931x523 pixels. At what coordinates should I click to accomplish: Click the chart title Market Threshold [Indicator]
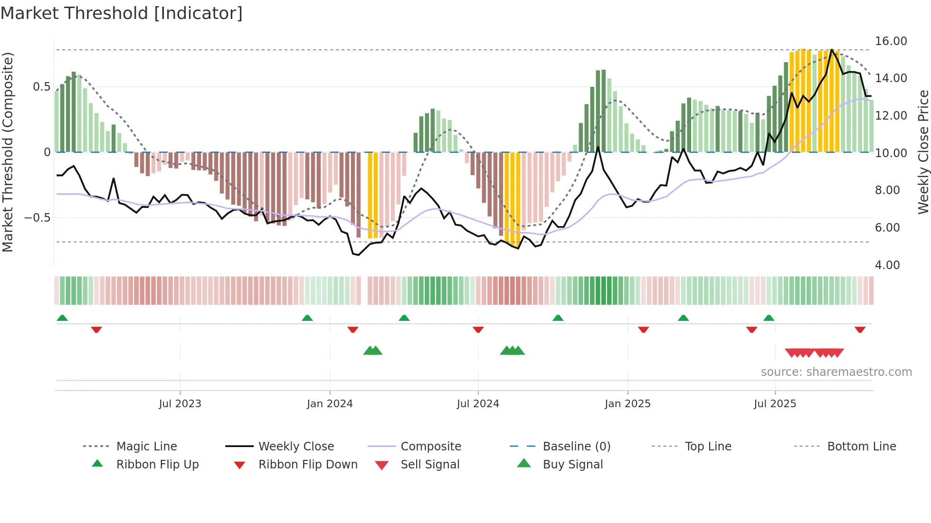[x=122, y=13]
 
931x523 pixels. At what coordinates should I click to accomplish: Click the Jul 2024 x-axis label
[x=478, y=404]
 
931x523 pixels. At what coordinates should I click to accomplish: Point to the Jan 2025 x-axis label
[x=627, y=404]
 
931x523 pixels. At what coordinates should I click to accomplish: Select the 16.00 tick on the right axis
[x=891, y=41]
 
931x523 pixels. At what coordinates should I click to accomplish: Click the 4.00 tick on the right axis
[x=887, y=265]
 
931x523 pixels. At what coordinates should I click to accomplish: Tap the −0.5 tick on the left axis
[x=37, y=218]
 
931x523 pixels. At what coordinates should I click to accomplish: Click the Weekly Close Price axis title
[x=923, y=152]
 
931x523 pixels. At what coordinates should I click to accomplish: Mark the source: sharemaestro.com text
[x=836, y=372]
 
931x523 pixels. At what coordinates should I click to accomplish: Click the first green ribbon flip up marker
[x=62, y=318]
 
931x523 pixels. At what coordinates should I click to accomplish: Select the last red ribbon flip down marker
[x=860, y=329]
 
